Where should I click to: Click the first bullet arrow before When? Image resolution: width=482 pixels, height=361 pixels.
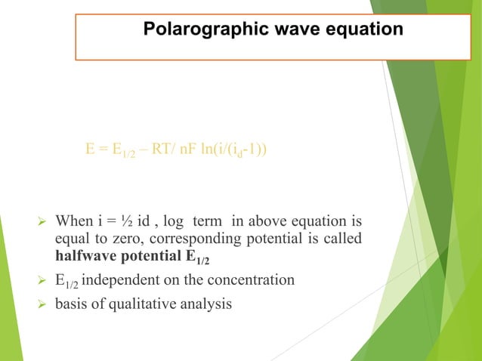coord(42,223)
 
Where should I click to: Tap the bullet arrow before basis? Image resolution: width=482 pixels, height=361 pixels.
coord(42,304)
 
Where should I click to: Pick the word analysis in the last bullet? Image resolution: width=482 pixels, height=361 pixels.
coord(205,304)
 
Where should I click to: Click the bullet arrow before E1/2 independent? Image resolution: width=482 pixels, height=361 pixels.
coord(42,281)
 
